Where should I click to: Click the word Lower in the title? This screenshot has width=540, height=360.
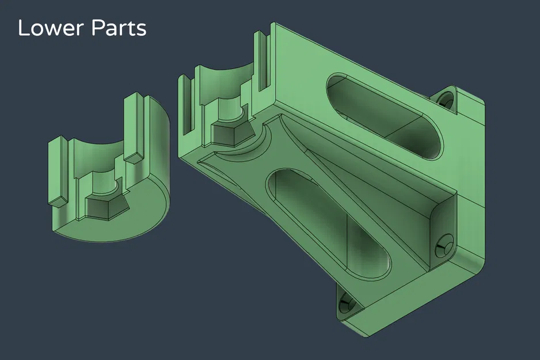coord(50,28)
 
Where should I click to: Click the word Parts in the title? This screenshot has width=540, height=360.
coord(119,28)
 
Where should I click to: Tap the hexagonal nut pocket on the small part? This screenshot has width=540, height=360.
coord(106,207)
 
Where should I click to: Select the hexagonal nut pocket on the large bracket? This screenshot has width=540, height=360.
coord(231,134)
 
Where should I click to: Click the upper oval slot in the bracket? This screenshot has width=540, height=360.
coord(385,115)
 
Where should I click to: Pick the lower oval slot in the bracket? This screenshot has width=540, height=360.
coord(328,225)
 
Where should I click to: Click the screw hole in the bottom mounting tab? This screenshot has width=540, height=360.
coord(345,305)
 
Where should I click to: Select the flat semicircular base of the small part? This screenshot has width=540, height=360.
coord(113,221)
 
